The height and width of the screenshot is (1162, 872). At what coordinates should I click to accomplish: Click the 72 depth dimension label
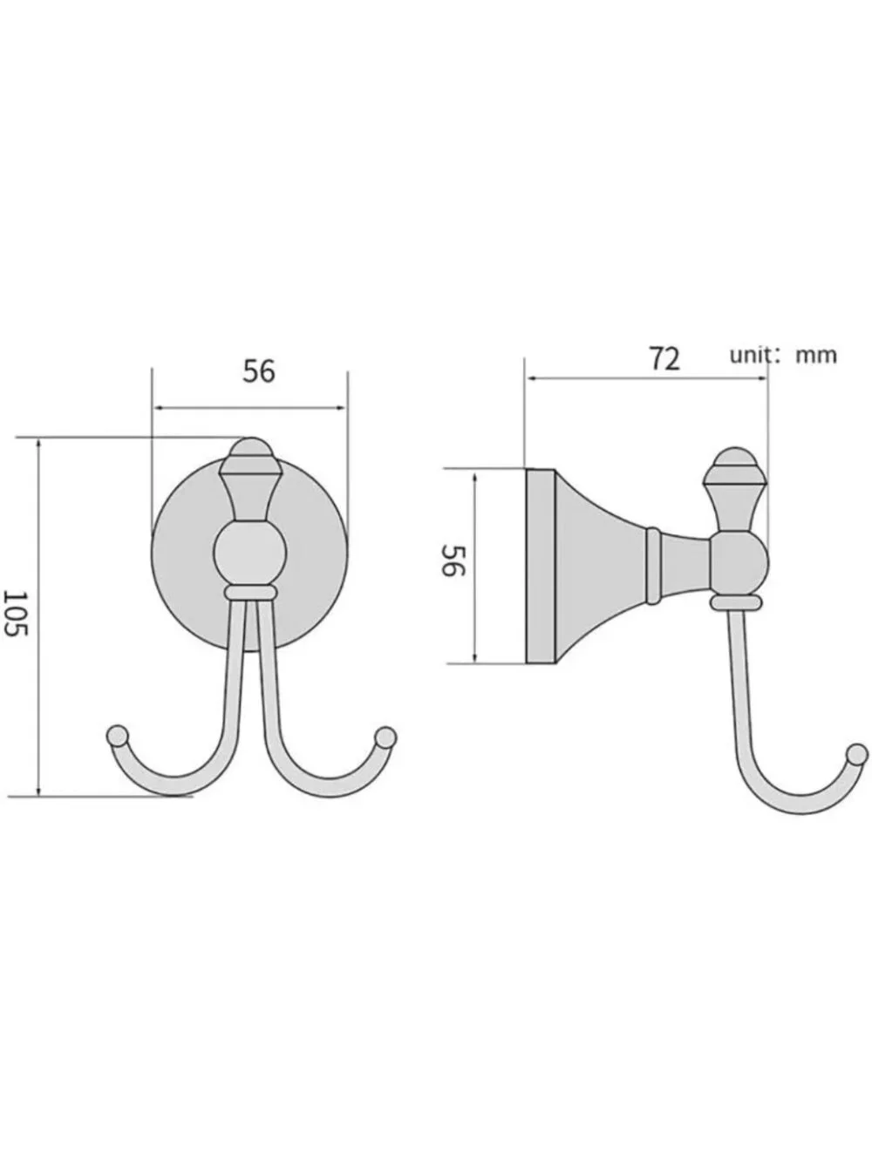(664, 359)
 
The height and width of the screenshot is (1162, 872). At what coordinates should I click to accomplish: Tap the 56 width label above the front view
(259, 371)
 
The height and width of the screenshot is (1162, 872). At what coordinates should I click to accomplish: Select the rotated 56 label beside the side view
(453, 561)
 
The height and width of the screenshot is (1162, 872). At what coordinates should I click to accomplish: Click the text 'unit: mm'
(783, 355)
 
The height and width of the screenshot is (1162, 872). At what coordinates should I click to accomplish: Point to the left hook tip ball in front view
(118, 736)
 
